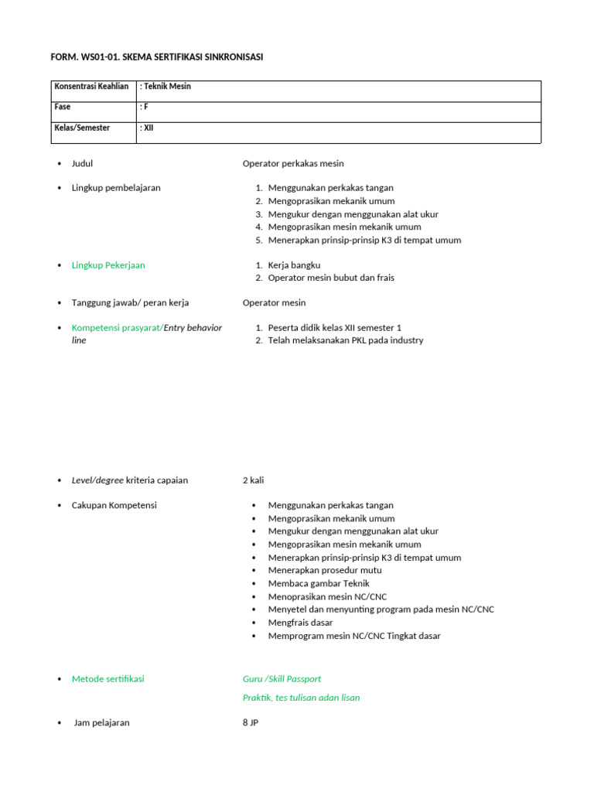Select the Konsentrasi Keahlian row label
(x=91, y=87)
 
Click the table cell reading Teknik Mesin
(x=166, y=87)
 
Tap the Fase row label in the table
(x=63, y=108)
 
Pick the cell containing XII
(x=147, y=128)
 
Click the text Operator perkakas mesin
(x=293, y=163)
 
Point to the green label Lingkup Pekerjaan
(x=108, y=265)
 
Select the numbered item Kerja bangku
(x=294, y=265)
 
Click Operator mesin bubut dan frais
(x=331, y=278)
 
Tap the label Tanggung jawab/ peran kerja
(x=130, y=302)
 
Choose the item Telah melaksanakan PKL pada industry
(x=346, y=340)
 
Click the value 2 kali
(x=253, y=480)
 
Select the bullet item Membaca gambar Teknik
(x=319, y=583)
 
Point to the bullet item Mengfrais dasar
(x=301, y=623)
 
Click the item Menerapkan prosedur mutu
(x=325, y=570)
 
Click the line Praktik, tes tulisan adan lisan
(x=301, y=698)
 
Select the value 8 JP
(x=250, y=723)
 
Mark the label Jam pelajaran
(x=102, y=723)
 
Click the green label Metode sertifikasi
(x=108, y=679)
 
